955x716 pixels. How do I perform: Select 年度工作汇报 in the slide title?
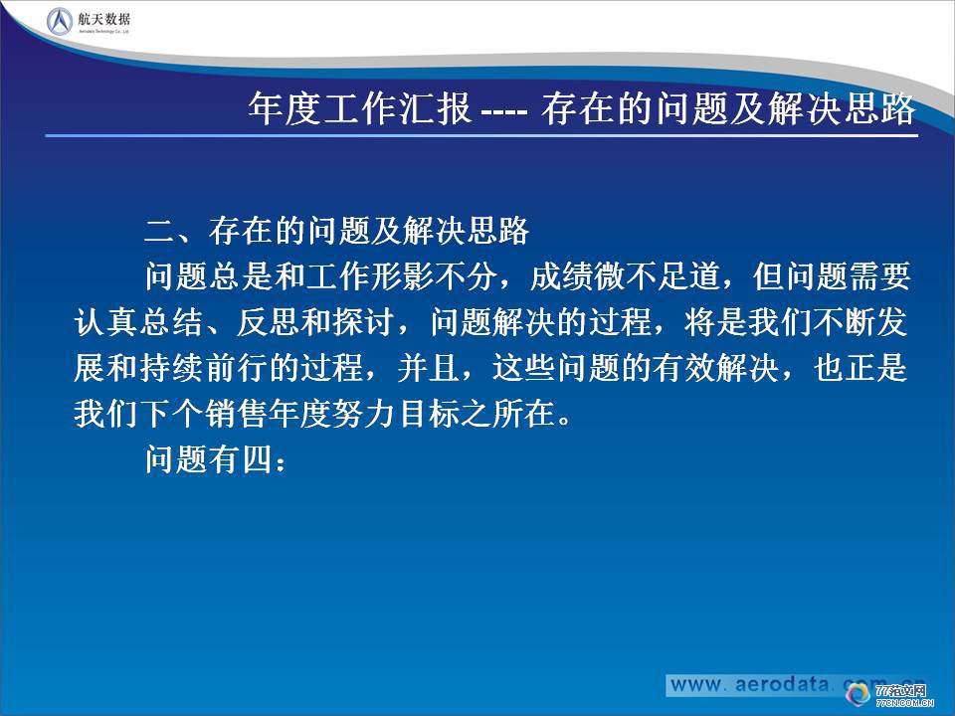359,109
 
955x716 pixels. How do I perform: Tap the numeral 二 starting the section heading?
159,232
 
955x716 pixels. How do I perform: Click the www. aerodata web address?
756,685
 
